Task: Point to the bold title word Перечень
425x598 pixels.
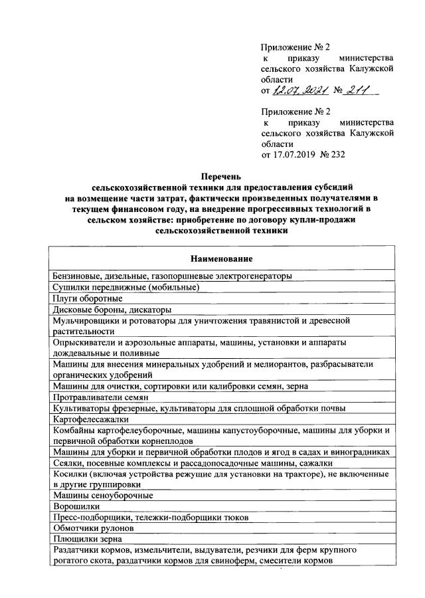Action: (222, 177)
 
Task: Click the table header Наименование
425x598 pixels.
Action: (222, 258)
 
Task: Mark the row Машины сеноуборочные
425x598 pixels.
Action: (103, 495)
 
